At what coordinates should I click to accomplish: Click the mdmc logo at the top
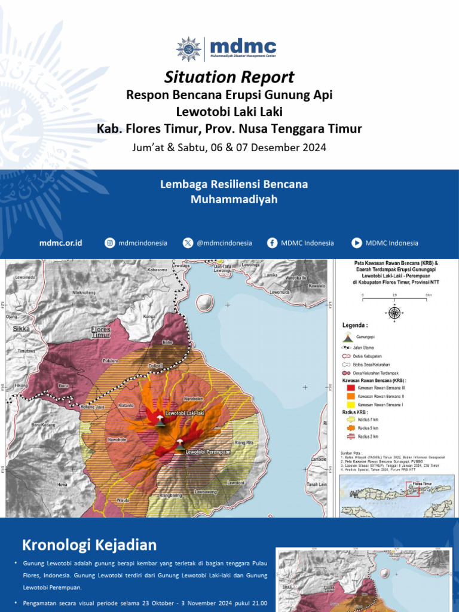[227, 48]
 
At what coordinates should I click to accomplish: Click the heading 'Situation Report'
[229, 77]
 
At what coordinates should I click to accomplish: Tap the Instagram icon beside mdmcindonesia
[110, 243]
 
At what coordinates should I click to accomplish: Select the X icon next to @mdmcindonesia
[188, 243]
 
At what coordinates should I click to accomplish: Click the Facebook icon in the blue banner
[273, 243]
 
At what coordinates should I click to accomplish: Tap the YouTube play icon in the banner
[357, 243]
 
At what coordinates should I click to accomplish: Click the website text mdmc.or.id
[60, 243]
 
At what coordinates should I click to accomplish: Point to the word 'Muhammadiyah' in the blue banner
[234, 200]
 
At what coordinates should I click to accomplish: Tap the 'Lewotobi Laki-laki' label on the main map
[186, 414]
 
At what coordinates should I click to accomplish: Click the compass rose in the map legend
[394, 311]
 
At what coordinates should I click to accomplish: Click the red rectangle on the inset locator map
[412, 490]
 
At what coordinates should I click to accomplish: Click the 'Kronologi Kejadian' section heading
[90, 545]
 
